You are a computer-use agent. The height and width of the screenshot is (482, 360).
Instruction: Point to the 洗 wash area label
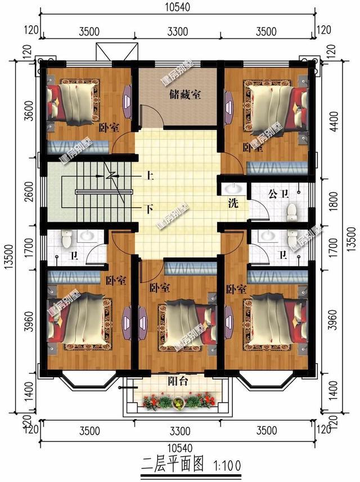pos(232,203)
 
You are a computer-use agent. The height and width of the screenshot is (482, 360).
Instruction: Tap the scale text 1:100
pos(227,466)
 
